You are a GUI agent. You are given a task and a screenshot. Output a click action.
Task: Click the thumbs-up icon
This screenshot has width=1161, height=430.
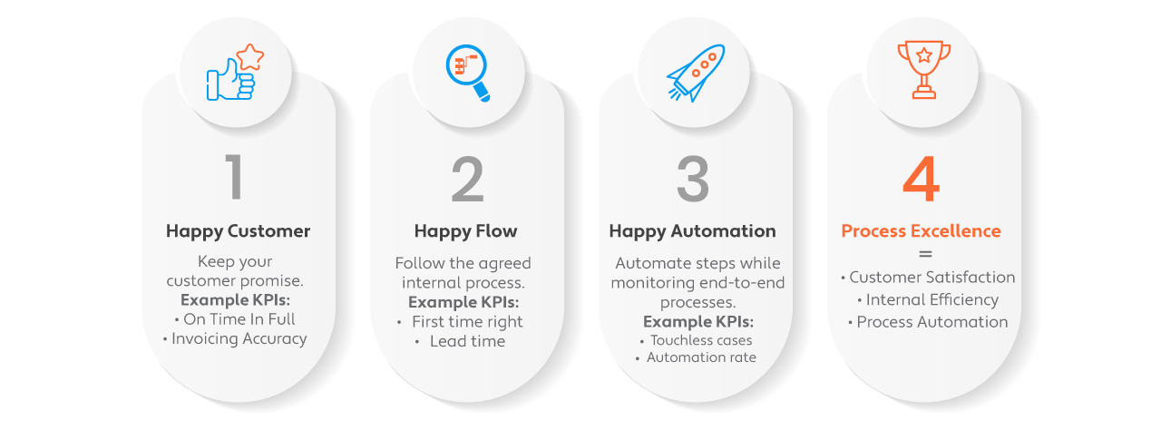pyautogui.click(x=229, y=81)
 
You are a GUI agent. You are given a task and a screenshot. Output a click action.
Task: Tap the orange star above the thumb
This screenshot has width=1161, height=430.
pyautogui.click(x=250, y=57)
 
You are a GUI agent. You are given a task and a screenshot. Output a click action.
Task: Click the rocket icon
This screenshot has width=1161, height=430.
pyautogui.click(x=696, y=73)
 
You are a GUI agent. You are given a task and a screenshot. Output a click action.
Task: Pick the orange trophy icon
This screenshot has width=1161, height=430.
pyautogui.click(x=924, y=70)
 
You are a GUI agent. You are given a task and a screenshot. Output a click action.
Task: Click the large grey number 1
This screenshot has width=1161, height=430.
pyautogui.click(x=234, y=177)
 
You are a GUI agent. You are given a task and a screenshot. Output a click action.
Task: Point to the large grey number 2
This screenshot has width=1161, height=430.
pyautogui.click(x=467, y=180)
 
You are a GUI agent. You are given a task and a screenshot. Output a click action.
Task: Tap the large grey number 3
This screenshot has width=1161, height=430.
pyautogui.click(x=693, y=180)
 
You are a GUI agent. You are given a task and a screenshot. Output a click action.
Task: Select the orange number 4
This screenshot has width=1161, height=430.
pyautogui.click(x=921, y=180)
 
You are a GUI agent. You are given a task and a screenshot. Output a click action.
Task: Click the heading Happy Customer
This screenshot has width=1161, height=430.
pyautogui.click(x=238, y=231)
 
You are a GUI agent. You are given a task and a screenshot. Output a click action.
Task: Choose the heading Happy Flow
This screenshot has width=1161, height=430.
pyautogui.click(x=465, y=231)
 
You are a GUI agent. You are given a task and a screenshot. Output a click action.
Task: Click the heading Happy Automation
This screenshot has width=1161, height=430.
pyautogui.click(x=692, y=231)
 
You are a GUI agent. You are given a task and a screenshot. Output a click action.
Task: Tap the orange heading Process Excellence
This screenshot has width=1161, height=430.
pyautogui.click(x=921, y=231)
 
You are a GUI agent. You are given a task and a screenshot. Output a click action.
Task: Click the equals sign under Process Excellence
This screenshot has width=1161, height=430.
pyautogui.click(x=925, y=254)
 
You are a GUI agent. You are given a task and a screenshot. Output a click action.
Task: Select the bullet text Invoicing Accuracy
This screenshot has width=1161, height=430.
pyautogui.click(x=239, y=338)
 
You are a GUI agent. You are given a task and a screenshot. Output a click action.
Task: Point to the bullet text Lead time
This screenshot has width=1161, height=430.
pyautogui.click(x=467, y=341)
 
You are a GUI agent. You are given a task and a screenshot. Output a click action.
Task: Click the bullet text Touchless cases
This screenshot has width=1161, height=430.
pyautogui.click(x=701, y=340)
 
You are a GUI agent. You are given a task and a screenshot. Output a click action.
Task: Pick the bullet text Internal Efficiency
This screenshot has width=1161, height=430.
pyautogui.click(x=932, y=299)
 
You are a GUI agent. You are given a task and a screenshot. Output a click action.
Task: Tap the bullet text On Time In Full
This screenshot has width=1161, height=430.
pyautogui.click(x=239, y=319)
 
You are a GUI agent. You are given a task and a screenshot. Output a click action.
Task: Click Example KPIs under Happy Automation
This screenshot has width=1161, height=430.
pyautogui.click(x=698, y=322)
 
